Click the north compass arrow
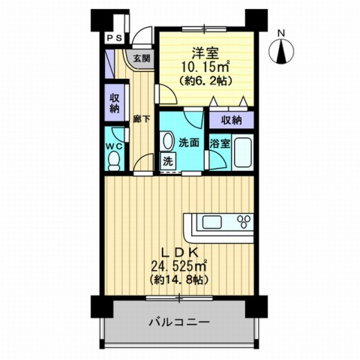click(281, 52)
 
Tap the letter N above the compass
click(280, 32)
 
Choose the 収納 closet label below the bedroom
click(231, 120)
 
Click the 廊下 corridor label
click(140, 118)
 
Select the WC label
click(114, 142)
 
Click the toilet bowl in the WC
click(114, 160)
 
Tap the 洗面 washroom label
click(187, 142)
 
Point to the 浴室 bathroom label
click(219, 143)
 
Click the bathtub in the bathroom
click(243, 153)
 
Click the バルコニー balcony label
click(178, 322)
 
